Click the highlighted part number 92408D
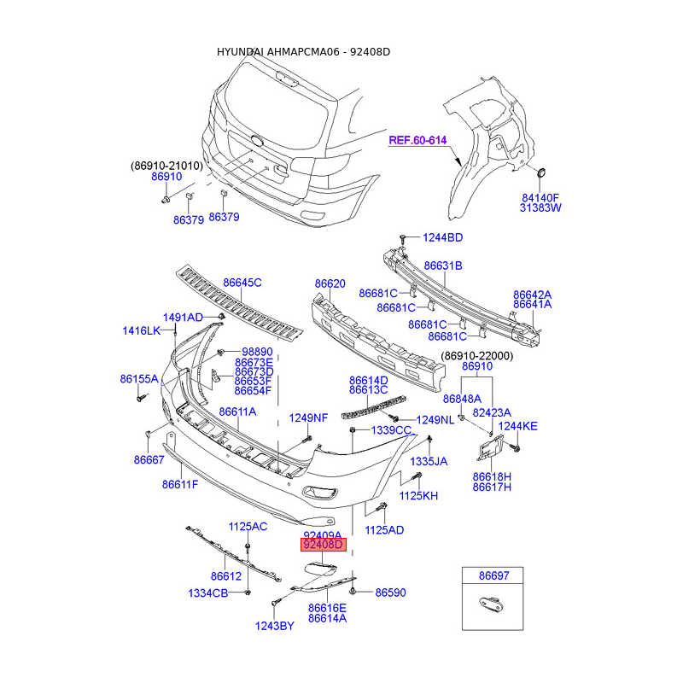point(324,545)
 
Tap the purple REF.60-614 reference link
point(417,140)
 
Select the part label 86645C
point(242,283)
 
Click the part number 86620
point(330,283)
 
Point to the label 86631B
point(443,266)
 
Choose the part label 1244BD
point(442,237)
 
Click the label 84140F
point(540,198)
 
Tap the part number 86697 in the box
point(493,575)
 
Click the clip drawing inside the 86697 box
point(493,604)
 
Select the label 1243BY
point(274,626)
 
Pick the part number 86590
point(390,593)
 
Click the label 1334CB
point(207,593)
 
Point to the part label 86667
point(149,460)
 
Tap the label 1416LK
point(142,331)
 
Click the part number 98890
point(257,352)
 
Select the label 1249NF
point(308,418)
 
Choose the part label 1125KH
point(418,496)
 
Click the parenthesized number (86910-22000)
point(477,356)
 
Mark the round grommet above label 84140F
point(541,172)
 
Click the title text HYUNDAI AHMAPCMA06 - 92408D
point(304,52)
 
